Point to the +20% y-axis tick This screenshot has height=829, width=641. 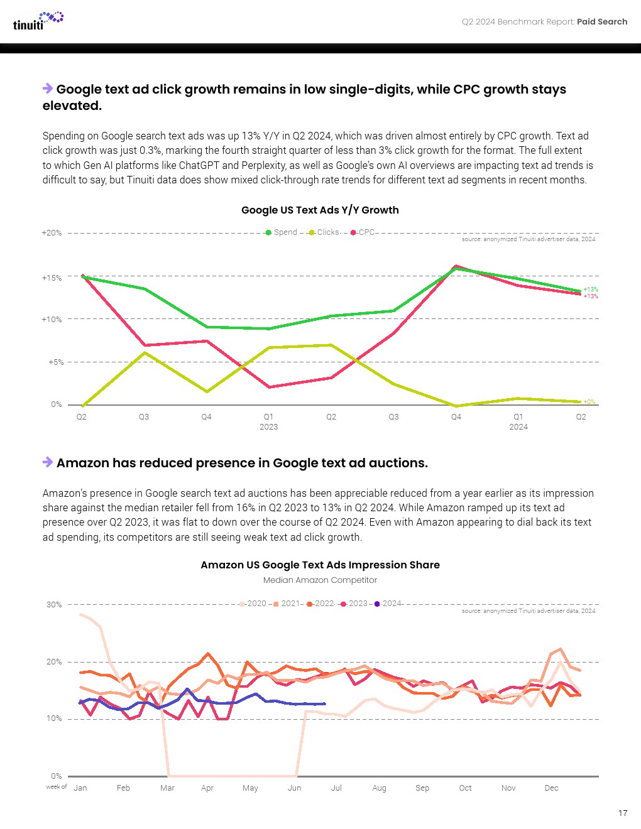coord(52,233)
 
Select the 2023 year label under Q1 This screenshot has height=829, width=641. coord(268,427)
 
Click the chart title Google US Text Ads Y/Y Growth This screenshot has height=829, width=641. coord(320,210)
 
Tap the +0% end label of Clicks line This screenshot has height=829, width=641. coord(589,402)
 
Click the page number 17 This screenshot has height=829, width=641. coord(623,813)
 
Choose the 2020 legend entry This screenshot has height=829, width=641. coord(253,604)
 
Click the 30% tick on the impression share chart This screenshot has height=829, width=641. coord(54,605)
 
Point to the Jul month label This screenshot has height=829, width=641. coord(336,788)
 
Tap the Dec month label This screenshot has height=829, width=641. coord(551,788)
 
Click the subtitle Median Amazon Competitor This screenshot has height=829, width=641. coord(320,580)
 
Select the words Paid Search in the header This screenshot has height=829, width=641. coord(602,22)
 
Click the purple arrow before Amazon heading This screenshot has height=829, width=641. coord(48,462)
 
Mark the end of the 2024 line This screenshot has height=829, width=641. coord(324,704)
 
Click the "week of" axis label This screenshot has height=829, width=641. coord(56,787)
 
